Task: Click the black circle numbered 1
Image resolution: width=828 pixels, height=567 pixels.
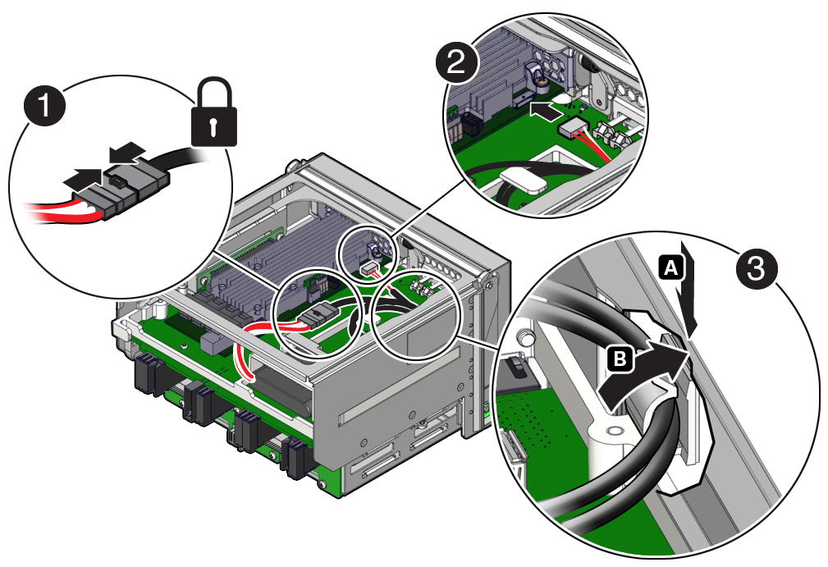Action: click(43, 109)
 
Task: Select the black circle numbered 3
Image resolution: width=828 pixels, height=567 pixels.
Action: click(757, 268)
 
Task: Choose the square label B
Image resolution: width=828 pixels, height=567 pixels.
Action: click(622, 357)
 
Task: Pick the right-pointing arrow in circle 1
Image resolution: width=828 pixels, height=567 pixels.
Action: click(85, 175)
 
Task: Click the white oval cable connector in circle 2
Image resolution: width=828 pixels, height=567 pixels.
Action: click(522, 178)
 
